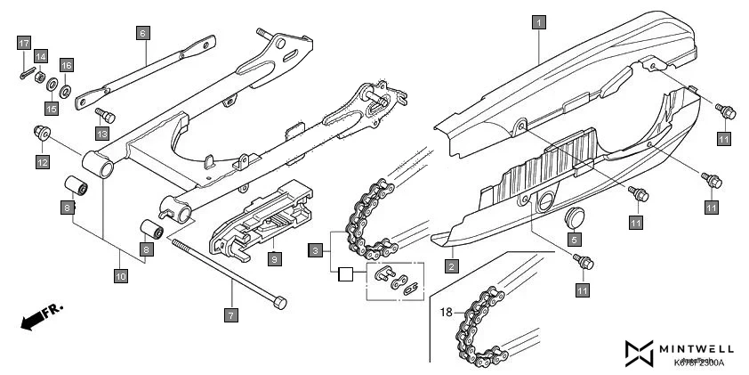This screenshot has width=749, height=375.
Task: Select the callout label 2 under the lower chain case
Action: point(451,265)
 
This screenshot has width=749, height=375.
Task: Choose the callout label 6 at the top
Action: point(142,33)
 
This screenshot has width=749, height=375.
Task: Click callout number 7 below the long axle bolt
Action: point(230,314)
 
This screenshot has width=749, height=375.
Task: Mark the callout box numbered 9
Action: point(275,259)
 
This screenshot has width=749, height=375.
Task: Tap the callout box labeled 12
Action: point(42,161)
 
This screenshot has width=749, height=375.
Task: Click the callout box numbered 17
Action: point(24,43)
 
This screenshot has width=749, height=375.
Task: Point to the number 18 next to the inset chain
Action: point(446,313)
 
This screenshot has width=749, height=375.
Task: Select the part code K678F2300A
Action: point(698,363)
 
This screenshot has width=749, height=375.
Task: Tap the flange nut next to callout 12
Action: point(39,134)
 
